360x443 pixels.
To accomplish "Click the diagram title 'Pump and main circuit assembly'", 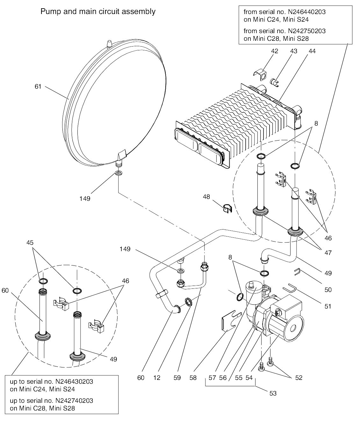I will (98, 12).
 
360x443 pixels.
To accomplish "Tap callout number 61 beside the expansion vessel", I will (38, 86).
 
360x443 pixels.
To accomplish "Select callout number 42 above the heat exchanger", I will (274, 51).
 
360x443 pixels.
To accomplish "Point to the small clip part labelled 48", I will (227, 208).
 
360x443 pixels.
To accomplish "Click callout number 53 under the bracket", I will (273, 393).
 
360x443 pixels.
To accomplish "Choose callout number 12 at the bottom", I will (156, 378).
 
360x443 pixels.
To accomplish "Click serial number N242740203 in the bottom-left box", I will (74, 400).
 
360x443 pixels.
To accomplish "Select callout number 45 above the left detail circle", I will (30, 242).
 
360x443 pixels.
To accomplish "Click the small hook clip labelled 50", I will (298, 271).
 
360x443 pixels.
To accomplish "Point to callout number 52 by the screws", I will (299, 378).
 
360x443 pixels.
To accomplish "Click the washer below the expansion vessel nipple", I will (119, 173).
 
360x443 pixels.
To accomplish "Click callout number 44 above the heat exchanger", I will (312, 51).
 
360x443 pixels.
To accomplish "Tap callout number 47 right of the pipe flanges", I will (328, 253).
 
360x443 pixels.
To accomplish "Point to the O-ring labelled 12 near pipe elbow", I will (188, 301).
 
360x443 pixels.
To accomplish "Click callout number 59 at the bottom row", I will (177, 378).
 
